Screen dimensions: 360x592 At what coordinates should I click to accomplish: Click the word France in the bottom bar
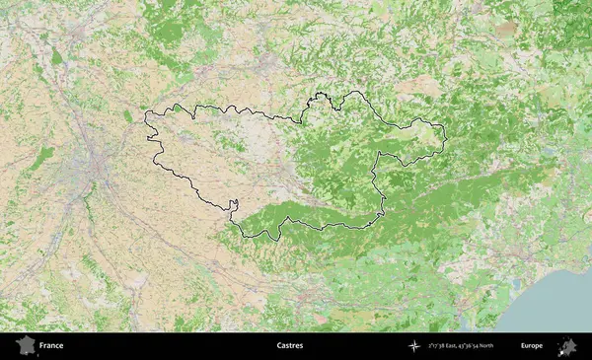point(51,346)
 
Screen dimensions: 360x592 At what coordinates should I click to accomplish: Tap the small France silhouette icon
point(25,345)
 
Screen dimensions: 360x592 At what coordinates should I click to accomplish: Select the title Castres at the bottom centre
point(290,346)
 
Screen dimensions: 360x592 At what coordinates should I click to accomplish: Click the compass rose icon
point(414,346)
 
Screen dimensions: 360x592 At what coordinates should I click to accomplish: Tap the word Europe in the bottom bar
point(532,346)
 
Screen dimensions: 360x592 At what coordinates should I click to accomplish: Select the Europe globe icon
point(567,345)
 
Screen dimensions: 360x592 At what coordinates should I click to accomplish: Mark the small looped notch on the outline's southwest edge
point(234,206)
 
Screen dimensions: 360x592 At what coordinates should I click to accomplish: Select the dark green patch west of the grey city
point(41,158)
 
